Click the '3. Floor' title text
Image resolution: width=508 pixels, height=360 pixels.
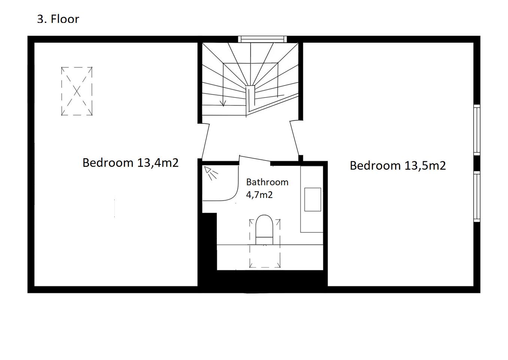(58, 19)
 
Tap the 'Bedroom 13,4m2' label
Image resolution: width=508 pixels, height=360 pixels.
(130, 163)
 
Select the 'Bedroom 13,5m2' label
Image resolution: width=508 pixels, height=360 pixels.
(398, 165)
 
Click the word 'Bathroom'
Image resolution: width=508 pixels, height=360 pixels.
(267, 182)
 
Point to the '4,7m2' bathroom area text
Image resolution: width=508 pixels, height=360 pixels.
(259, 195)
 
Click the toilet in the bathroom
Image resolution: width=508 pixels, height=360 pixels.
(264, 230)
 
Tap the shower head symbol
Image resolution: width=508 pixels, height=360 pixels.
(211, 173)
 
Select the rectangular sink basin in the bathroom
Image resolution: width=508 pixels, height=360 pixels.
(312, 199)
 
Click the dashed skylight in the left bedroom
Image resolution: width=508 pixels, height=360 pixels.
(77, 91)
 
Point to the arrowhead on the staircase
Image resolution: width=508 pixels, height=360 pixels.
(223, 104)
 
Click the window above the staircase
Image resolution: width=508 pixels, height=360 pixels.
(262, 39)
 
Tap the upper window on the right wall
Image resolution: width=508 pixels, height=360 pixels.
(477, 130)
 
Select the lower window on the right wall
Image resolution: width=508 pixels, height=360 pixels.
(477, 196)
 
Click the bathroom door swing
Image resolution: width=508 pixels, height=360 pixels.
(255, 159)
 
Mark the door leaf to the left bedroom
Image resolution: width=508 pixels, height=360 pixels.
(205, 141)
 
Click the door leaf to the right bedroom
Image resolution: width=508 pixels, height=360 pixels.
(294, 138)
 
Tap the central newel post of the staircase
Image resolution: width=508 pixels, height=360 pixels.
(250, 97)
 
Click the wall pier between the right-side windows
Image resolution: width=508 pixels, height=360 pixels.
(477, 163)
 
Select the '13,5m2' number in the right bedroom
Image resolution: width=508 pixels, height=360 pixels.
(425, 165)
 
